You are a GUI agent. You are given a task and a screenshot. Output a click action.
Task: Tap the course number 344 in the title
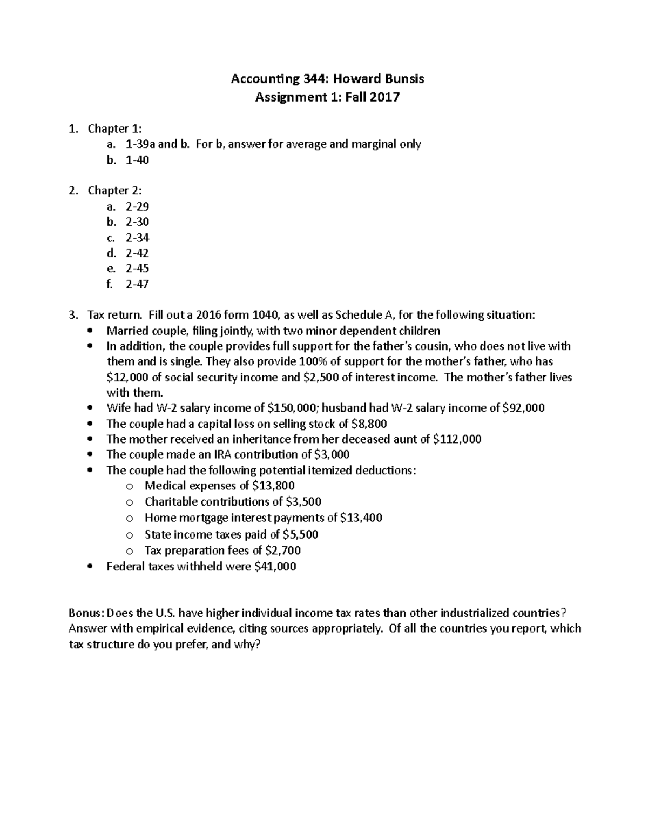click(x=316, y=79)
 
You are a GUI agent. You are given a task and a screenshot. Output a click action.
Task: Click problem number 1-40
click(x=137, y=160)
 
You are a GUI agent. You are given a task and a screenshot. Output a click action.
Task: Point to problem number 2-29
click(x=137, y=206)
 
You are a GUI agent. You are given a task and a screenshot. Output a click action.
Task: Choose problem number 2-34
click(x=137, y=238)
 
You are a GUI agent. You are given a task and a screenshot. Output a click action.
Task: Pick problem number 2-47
click(x=137, y=284)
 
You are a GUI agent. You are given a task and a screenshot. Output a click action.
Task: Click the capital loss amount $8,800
click(x=369, y=424)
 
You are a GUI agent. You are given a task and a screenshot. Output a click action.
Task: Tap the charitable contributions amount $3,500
click(x=303, y=502)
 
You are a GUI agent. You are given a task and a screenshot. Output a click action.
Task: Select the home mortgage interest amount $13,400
click(x=361, y=518)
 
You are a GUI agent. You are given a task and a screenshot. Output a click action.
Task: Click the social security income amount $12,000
click(x=128, y=378)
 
